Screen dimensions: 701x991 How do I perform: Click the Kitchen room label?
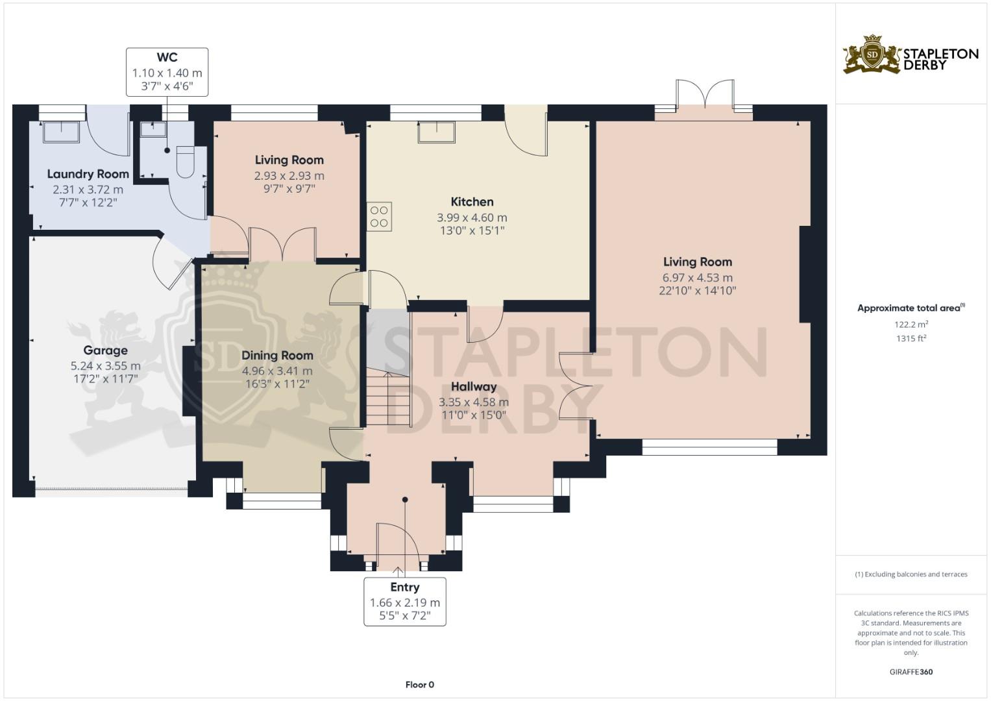pyautogui.click(x=472, y=202)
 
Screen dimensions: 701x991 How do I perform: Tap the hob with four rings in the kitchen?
pyautogui.click(x=379, y=217)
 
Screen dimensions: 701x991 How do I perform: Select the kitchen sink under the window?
pyautogui.click(x=436, y=132)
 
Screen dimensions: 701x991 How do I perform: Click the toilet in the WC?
pyautogui.click(x=186, y=162)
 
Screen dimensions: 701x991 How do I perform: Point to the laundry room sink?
pyautogui.click(x=61, y=132)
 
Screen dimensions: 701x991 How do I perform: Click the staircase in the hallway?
pyautogui.click(x=388, y=399)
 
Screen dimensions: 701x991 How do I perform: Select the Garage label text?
pyautogui.click(x=105, y=350)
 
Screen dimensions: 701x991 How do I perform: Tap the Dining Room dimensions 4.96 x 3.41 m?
pyautogui.click(x=277, y=371)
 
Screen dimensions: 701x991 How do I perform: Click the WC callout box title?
pyautogui.click(x=167, y=58)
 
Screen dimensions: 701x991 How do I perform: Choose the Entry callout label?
pyautogui.click(x=404, y=587)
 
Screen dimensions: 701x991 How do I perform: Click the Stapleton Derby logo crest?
pyautogui.click(x=872, y=55)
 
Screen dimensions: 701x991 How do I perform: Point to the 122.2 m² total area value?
pyautogui.click(x=911, y=325)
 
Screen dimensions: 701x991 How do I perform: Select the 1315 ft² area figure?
pyautogui.click(x=911, y=338)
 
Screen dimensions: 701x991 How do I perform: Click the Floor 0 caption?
pyautogui.click(x=419, y=685)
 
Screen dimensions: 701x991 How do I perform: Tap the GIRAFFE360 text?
pyautogui.click(x=911, y=672)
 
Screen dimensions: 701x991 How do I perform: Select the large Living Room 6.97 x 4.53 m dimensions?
pyautogui.click(x=697, y=278)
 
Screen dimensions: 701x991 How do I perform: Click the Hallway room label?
pyautogui.click(x=474, y=387)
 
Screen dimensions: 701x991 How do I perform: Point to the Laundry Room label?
pyautogui.click(x=88, y=174)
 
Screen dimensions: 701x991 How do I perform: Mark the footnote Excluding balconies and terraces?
pyautogui.click(x=911, y=574)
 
